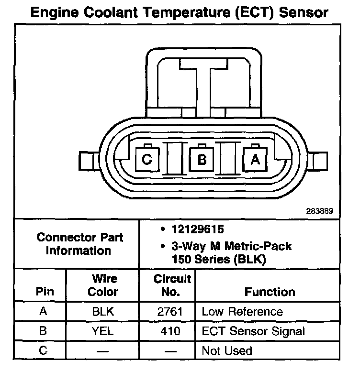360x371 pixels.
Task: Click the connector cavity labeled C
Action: [x=148, y=160]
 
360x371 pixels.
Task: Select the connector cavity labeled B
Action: [x=202, y=160]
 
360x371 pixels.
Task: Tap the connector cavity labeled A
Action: [x=255, y=160]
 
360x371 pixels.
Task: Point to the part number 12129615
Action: [x=197, y=230]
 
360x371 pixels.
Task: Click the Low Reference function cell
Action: [x=242, y=312]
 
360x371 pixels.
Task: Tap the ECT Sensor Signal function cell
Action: [x=253, y=331]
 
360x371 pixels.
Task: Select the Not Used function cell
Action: [x=227, y=350]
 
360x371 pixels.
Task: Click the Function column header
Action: [x=270, y=292]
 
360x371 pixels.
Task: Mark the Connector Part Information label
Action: [x=79, y=244]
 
